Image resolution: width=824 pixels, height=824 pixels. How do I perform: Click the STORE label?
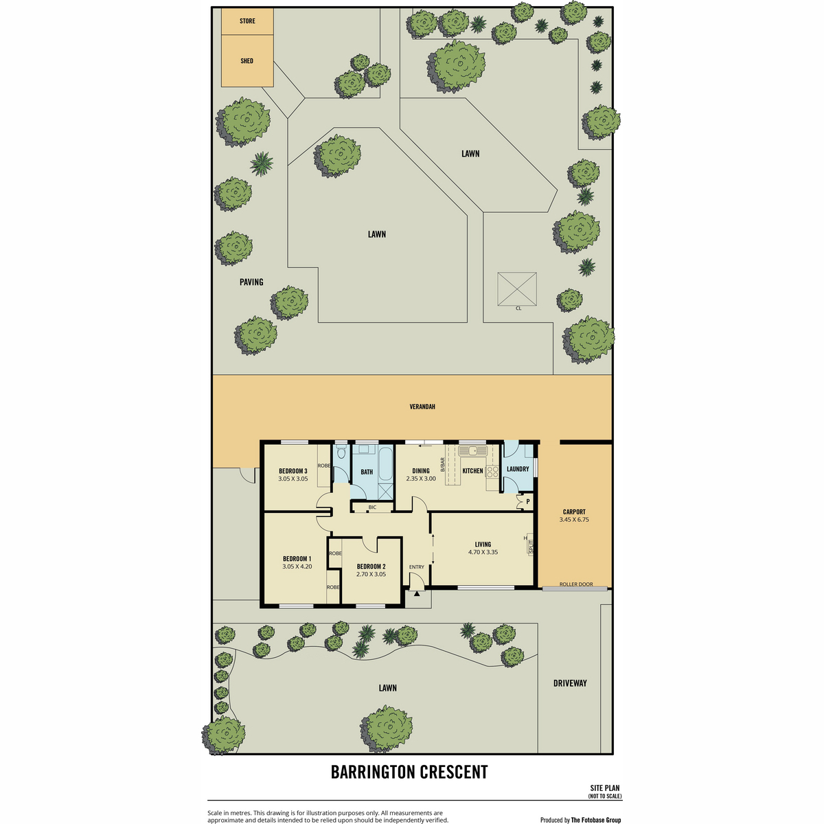click(247, 21)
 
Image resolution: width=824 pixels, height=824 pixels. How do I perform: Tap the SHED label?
click(247, 60)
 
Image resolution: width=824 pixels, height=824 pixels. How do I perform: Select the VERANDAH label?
click(422, 407)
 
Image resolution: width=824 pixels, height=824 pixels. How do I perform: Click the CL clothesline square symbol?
click(516, 289)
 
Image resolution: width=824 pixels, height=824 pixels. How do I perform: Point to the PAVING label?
click(251, 282)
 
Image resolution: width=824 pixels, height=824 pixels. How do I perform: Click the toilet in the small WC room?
click(341, 452)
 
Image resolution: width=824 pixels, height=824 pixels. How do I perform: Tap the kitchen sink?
click(472, 450)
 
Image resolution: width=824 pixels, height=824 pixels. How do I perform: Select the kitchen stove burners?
click(492, 471)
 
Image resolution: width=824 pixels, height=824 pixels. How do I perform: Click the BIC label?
click(372, 507)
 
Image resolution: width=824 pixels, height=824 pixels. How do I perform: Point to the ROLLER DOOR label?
click(576, 584)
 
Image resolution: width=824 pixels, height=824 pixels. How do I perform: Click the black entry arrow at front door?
click(417, 593)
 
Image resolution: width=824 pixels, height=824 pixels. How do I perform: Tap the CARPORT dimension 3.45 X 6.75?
click(574, 520)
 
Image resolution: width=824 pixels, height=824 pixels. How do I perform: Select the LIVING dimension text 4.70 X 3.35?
click(483, 552)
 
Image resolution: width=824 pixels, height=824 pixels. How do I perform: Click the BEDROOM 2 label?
click(371, 566)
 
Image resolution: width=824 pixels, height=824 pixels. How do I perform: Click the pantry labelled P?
click(525, 501)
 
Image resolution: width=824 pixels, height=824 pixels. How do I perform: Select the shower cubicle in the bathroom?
click(385, 492)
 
